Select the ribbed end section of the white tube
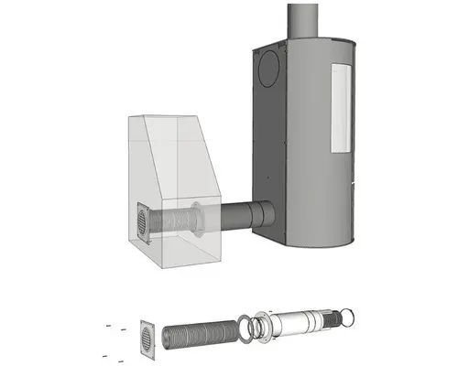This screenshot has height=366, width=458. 328,320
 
